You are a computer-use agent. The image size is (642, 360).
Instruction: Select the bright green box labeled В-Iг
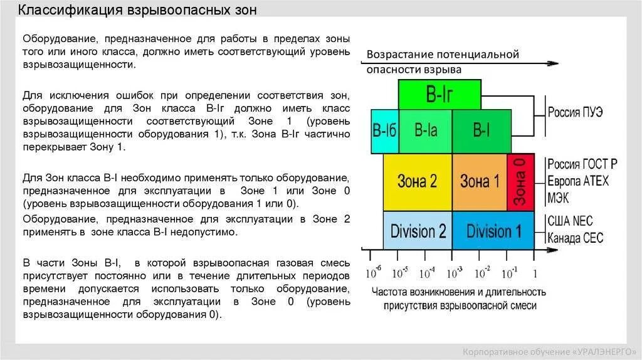click(x=439, y=95)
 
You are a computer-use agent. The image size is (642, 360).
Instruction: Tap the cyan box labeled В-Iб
click(x=384, y=132)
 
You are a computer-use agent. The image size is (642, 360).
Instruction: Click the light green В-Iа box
click(x=425, y=131)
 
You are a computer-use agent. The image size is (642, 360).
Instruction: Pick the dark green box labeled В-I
click(x=481, y=131)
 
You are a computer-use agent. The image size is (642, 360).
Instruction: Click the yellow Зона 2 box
click(x=417, y=182)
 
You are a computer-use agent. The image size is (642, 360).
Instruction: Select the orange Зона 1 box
click(x=479, y=182)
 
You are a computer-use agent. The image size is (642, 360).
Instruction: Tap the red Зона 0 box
click(x=520, y=182)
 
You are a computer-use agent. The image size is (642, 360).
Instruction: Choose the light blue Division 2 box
click(x=418, y=231)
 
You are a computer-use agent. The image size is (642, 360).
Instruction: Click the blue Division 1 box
click(x=493, y=231)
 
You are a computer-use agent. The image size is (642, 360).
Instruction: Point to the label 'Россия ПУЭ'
click(x=575, y=113)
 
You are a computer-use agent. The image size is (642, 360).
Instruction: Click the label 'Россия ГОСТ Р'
click(x=582, y=164)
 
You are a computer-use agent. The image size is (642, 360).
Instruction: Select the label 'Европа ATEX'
click(x=577, y=181)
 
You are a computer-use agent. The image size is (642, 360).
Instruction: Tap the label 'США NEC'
click(x=570, y=221)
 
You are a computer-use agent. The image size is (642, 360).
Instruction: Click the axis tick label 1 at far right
click(x=534, y=273)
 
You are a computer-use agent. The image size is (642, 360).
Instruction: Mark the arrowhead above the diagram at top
click(x=553, y=63)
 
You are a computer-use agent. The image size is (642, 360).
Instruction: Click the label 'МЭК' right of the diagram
click(x=560, y=196)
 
